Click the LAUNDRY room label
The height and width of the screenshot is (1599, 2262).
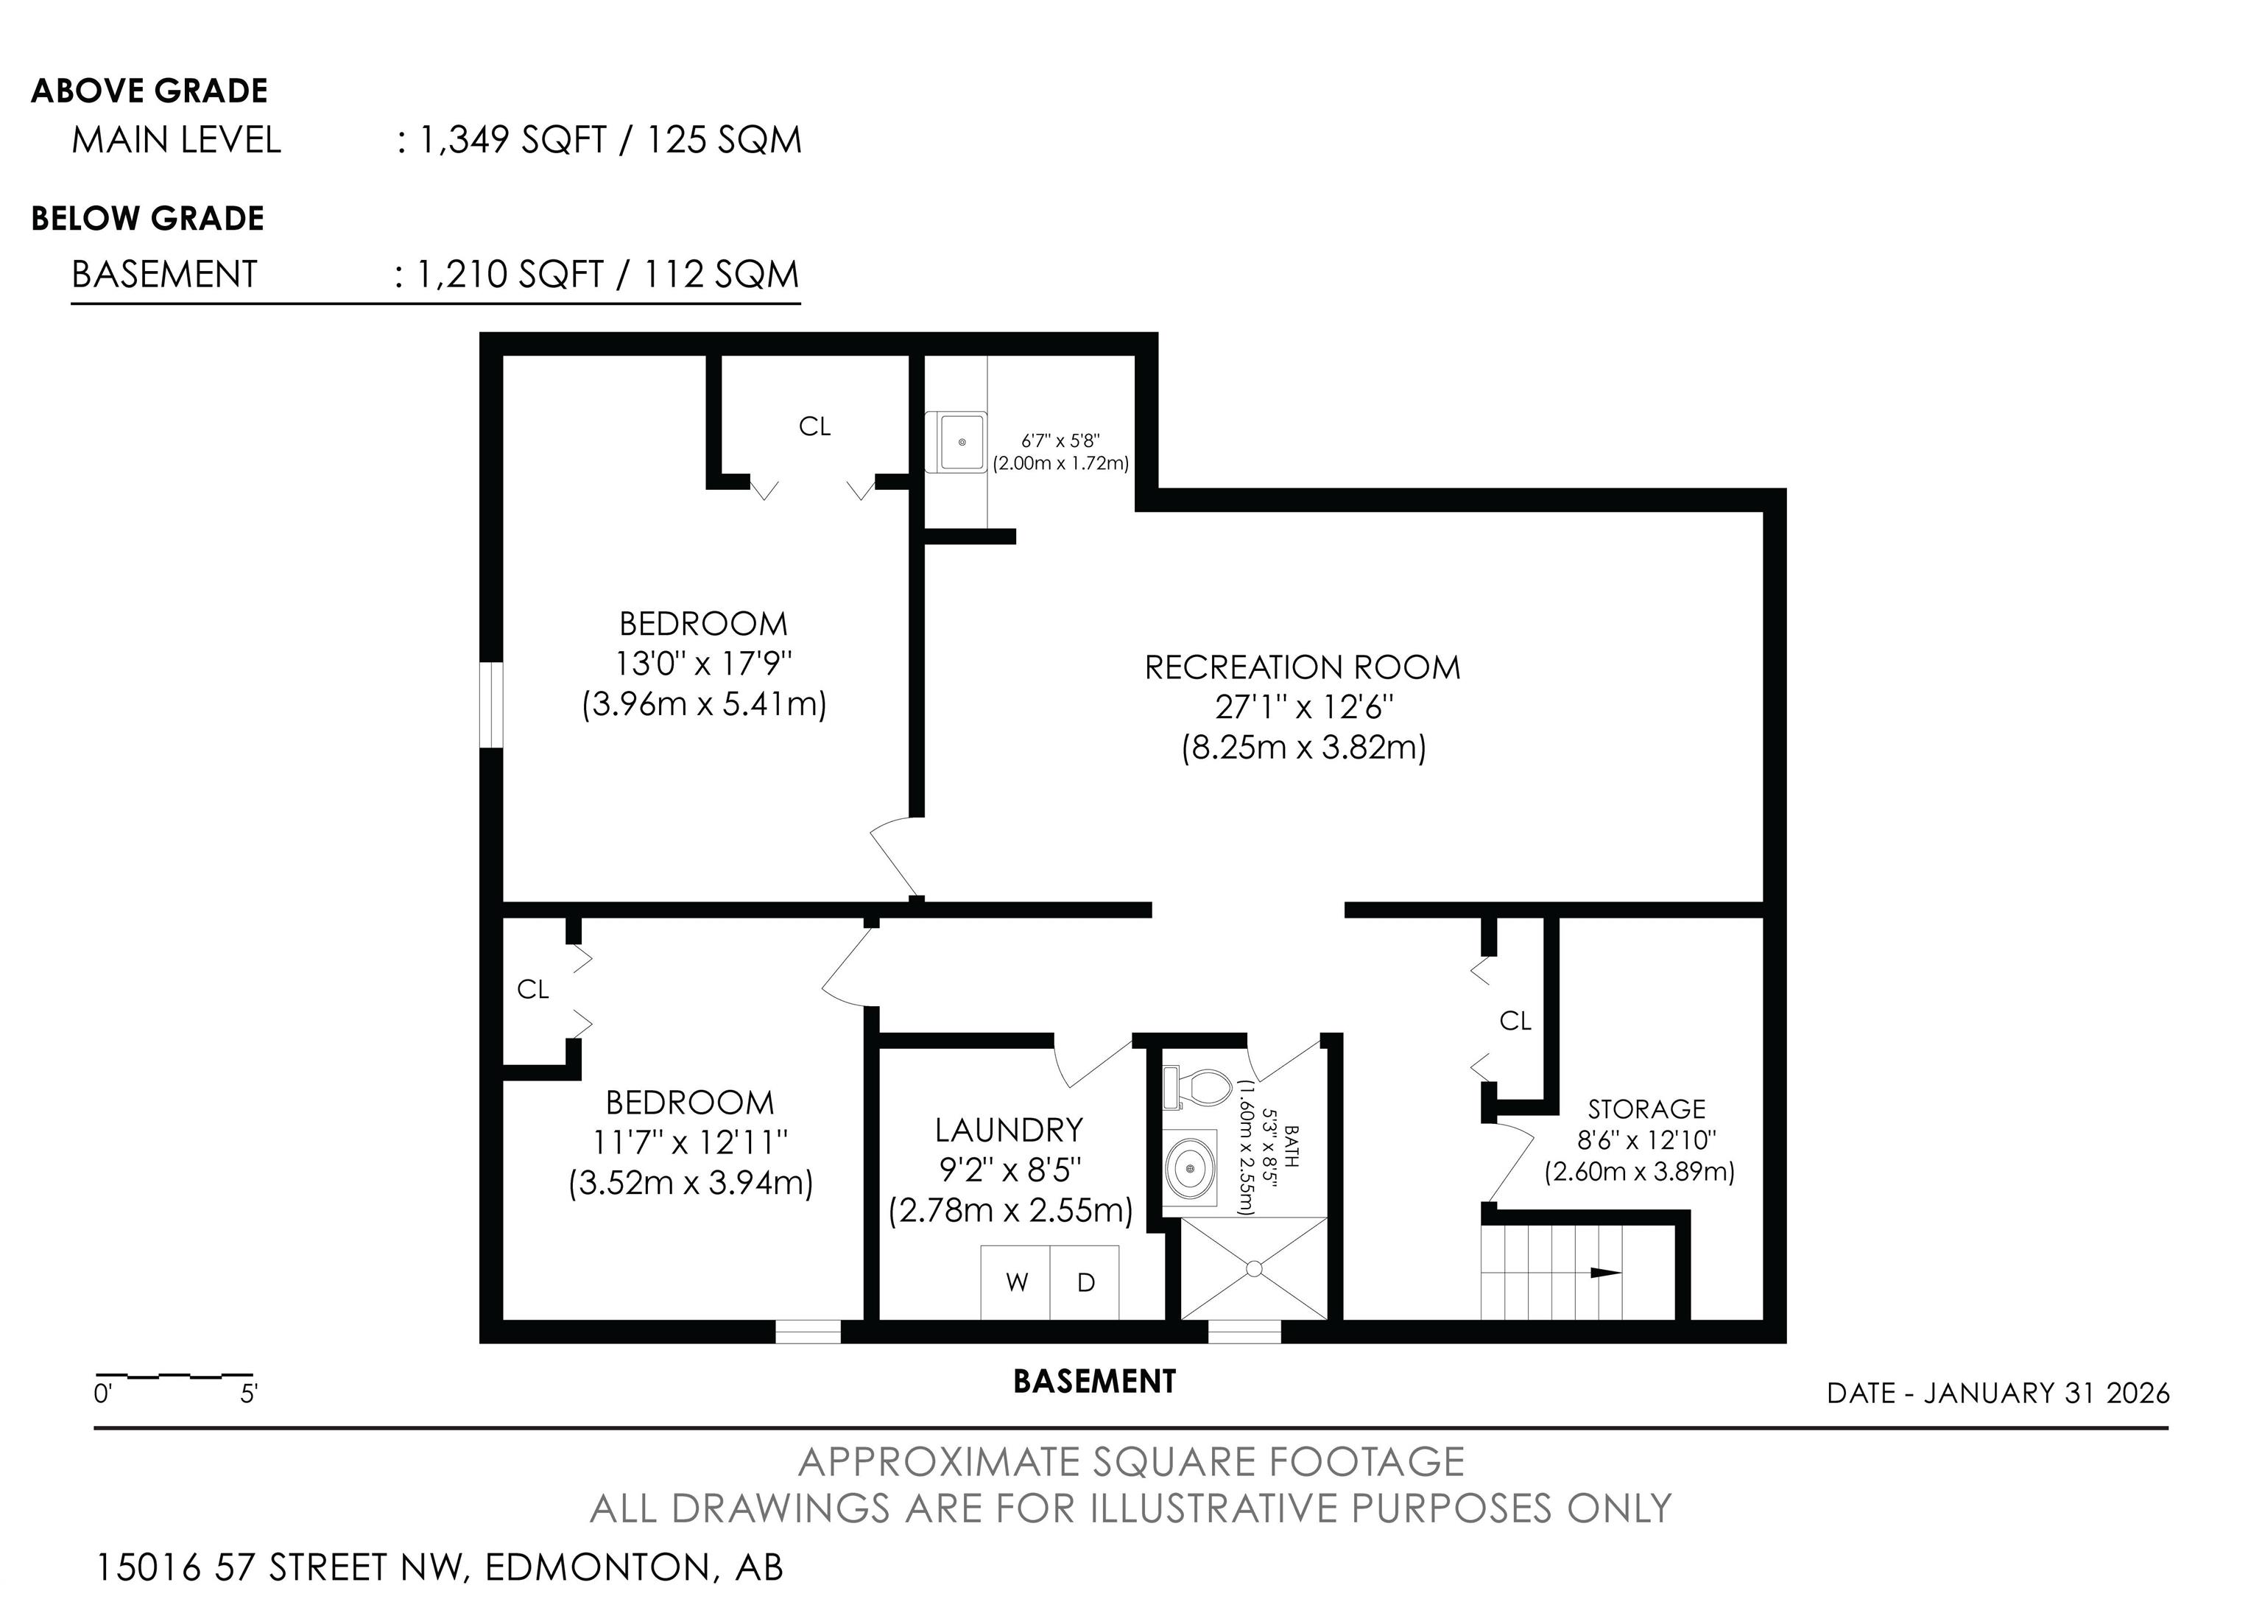1009,1129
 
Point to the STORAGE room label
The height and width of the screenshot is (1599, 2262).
1646,1108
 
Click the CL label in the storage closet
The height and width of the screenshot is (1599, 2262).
1515,1022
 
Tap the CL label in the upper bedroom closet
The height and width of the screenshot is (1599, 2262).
815,426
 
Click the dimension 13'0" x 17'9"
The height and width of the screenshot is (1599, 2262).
703,663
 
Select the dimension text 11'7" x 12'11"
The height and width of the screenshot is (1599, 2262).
690,1142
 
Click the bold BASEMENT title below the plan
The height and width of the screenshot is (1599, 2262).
1093,1381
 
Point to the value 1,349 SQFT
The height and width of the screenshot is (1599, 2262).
512,140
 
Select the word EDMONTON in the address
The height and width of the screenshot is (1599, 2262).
597,1567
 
